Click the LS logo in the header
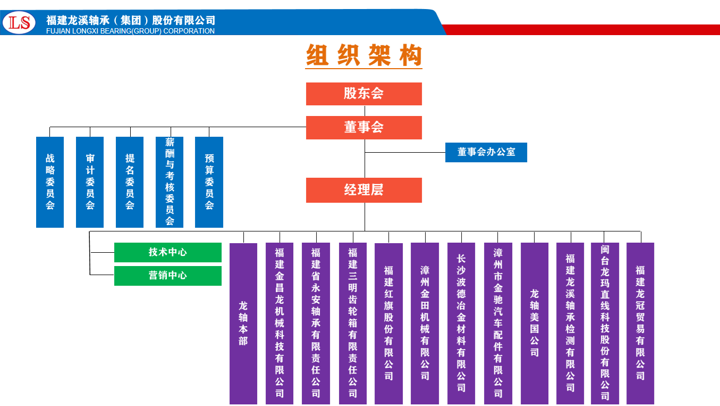pos(19,23)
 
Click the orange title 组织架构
pos(364,55)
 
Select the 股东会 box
pos(364,94)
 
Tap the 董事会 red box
pos(364,128)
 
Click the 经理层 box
pos(364,190)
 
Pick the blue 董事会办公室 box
pos(486,152)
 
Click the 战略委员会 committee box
pos(50,182)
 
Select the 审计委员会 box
pos(90,182)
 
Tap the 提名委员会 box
pos(130,182)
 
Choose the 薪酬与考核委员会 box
pos(170,182)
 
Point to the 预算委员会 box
pos(209,182)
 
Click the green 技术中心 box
pos(168,252)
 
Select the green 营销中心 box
pos(168,276)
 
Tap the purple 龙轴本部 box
pos(243,323)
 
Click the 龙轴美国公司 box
pos(535,323)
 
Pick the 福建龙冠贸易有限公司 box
pos(640,323)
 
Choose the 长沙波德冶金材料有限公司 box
pos(461,323)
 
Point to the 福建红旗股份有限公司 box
pos(388,323)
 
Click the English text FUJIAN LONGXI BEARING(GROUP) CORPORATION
pos(131,31)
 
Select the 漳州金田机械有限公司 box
pos(425,323)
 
